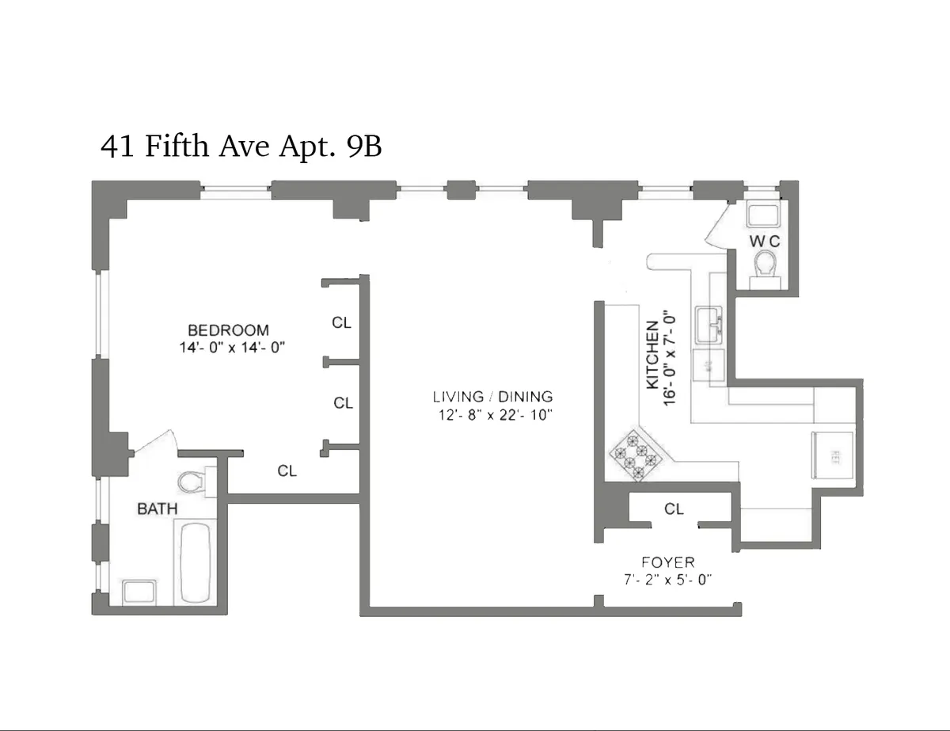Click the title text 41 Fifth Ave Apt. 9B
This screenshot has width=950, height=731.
click(x=241, y=147)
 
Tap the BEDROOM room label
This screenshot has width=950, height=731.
click(x=228, y=329)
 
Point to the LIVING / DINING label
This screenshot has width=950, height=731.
click(x=492, y=397)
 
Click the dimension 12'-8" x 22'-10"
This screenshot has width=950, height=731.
click(x=492, y=414)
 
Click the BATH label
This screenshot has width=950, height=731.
click(x=158, y=508)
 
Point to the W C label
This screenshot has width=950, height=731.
click(x=765, y=240)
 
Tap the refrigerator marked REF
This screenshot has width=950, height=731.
click(x=833, y=455)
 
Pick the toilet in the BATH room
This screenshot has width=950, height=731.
click(x=192, y=481)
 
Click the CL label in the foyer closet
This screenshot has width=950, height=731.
click(x=674, y=509)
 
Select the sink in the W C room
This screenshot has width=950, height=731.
click(x=764, y=215)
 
